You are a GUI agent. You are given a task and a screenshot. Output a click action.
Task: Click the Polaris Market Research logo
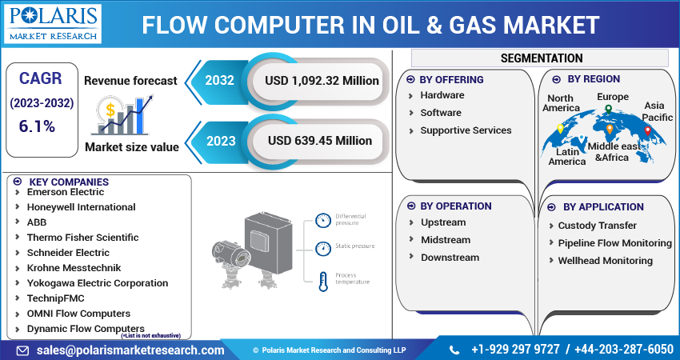[53, 24]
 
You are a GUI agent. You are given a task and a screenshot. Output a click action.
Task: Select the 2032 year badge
[219, 81]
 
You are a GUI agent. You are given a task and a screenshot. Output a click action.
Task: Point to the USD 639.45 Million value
[320, 140]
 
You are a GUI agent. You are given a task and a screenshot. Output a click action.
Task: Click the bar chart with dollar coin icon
[121, 114]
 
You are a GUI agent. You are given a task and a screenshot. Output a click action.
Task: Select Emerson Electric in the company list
[66, 192]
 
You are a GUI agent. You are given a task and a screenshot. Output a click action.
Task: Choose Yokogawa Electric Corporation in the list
[98, 283]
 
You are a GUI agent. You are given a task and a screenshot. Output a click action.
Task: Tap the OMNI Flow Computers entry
[78, 314]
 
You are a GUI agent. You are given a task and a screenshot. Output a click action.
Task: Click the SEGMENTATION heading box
[541, 58]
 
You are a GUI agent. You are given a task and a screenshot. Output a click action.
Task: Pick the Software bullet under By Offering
[441, 113]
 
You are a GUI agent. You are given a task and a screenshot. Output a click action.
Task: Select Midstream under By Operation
[450, 240]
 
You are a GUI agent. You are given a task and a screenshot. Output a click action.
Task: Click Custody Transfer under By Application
[598, 226]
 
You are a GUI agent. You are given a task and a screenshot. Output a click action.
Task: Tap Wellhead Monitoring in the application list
[605, 261]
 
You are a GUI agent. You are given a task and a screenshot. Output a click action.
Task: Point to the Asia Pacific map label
[658, 111]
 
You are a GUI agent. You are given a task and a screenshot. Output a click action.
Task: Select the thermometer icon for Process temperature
[322, 280]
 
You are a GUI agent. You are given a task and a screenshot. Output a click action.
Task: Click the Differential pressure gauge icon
[322, 220]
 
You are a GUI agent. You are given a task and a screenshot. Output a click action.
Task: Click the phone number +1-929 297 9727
[516, 350]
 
